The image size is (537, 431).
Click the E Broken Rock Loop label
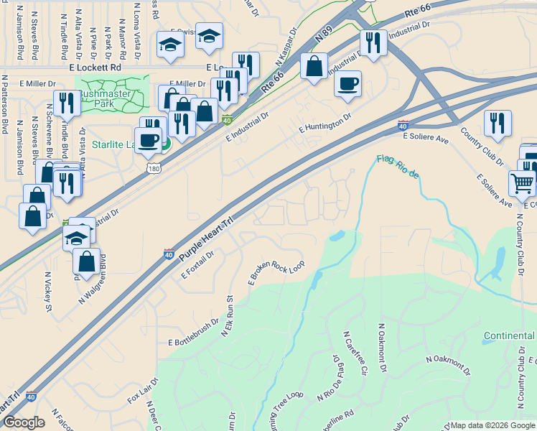(x=276, y=272)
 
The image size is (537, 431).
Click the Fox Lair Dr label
(x=142, y=389)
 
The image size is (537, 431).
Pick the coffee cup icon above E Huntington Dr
(x=347, y=83)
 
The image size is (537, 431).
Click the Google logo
(x=24, y=422)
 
